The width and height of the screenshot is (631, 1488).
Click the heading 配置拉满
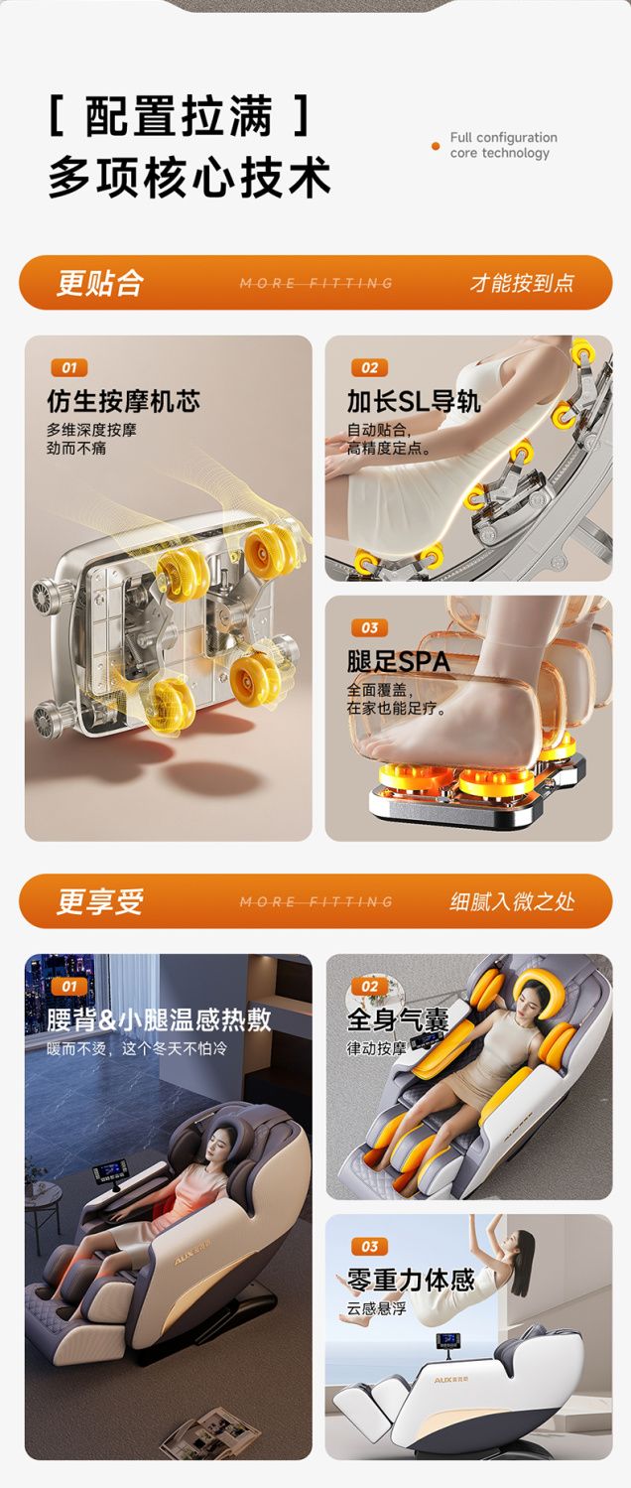(x=180, y=117)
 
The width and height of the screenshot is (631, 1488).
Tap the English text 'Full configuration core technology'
(x=503, y=146)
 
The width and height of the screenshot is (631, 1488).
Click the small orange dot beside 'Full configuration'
(x=436, y=146)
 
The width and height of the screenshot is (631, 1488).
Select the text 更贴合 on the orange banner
(x=99, y=282)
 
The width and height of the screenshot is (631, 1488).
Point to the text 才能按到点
(x=522, y=283)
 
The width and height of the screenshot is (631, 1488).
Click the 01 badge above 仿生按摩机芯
(x=69, y=367)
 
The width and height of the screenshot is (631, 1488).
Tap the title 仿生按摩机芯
(x=124, y=401)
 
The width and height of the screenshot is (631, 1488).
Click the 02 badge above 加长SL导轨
(x=369, y=367)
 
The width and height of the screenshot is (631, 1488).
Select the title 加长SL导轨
(x=413, y=401)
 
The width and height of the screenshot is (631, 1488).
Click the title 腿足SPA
(x=399, y=661)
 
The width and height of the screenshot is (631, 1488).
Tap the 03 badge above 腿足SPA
(x=369, y=627)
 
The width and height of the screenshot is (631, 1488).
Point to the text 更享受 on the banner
(x=99, y=901)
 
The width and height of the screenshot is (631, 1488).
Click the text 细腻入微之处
(x=512, y=901)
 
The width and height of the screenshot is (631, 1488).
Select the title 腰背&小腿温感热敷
(x=159, y=1019)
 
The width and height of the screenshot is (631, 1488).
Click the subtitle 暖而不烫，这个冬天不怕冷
(x=137, y=1048)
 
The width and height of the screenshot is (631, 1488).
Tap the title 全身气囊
(x=398, y=1019)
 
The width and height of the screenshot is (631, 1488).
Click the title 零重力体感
(x=411, y=1280)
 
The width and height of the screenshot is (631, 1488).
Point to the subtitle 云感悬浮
(x=376, y=1308)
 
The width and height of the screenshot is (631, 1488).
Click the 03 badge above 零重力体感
(x=369, y=1246)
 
